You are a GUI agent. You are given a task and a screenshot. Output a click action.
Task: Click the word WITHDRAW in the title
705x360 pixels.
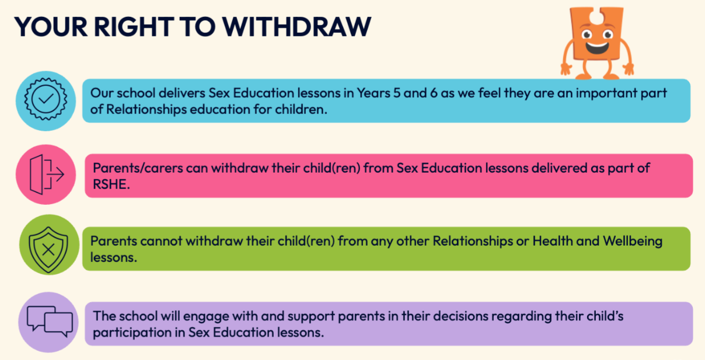(x=297, y=27)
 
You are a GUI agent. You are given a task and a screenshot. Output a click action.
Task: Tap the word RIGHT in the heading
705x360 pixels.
(x=134, y=27)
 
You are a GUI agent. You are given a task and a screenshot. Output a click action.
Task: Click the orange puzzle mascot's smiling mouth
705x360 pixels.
(x=597, y=48)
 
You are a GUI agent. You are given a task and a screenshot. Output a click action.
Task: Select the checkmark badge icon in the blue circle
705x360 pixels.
(x=46, y=99)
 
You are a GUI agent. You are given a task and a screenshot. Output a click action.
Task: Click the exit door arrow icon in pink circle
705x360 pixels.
(x=47, y=174)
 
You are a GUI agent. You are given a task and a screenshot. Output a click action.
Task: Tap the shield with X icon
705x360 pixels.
(x=48, y=250)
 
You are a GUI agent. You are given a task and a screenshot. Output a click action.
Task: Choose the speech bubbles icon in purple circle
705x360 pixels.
(x=50, y=321)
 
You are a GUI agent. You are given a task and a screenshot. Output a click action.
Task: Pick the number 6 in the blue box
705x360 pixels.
(x=434, y=93)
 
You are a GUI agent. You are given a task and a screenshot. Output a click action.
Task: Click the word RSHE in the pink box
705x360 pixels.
(x=111, y=184)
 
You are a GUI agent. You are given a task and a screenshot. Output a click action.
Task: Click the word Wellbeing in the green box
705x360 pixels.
(x=633, y=242)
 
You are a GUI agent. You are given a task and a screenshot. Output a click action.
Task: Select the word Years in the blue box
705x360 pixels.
(x=373, y=93)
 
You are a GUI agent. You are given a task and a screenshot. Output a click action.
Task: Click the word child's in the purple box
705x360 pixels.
(x=605, y=316)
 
